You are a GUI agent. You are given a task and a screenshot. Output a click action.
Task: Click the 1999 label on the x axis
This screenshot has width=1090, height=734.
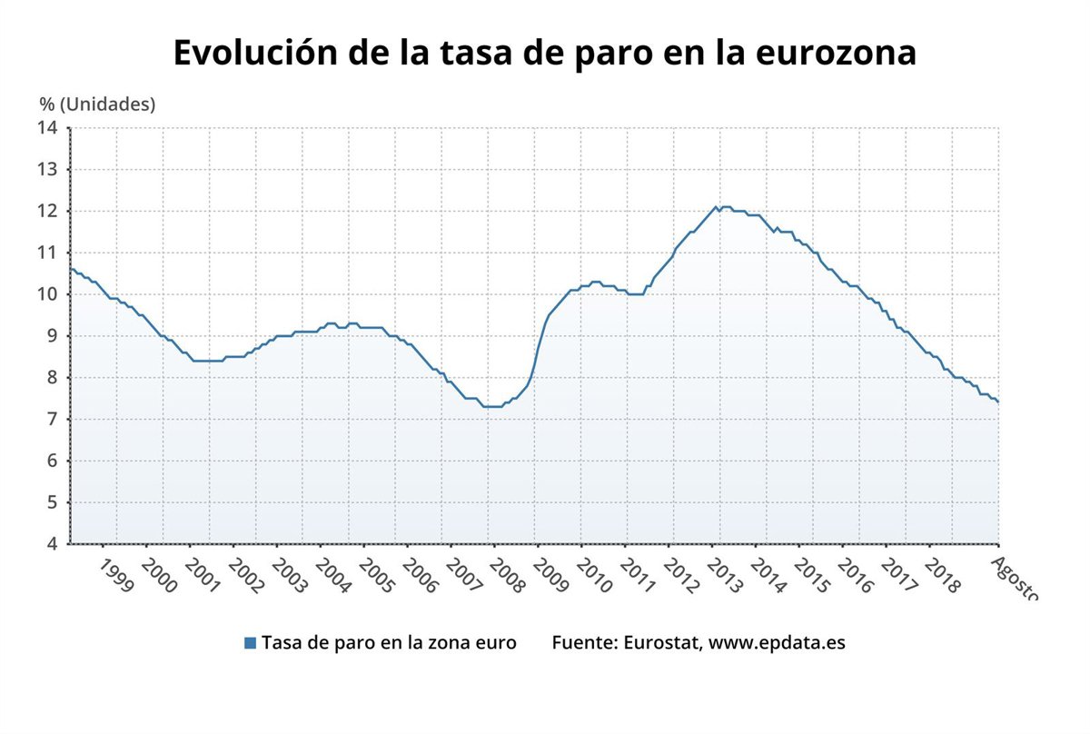tap(116, 576)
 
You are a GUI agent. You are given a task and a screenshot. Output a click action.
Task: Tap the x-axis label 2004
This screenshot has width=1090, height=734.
tap(333, 576)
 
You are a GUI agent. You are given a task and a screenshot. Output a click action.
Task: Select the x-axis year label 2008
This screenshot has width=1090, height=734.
tap(507, 576)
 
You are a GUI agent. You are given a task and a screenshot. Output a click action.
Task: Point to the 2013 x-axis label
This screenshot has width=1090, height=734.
tap(724, 576)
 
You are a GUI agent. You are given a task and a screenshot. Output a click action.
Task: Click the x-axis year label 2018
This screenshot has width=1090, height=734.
tap(941, 576)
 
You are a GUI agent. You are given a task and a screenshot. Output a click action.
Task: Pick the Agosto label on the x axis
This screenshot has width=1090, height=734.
tap(1013, 576)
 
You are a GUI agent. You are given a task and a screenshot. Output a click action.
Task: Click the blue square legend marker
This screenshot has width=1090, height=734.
tap(250, 643)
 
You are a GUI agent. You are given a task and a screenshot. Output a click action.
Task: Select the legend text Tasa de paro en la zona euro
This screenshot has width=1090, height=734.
tap(389, 643)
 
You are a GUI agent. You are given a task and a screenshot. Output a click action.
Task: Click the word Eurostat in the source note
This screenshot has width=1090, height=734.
tap(660, 643)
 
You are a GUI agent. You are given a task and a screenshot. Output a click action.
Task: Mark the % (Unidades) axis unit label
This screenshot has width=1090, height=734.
tap(97, 104)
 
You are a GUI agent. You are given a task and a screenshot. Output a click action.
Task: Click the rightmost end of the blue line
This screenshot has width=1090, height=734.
tap(998, 402)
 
